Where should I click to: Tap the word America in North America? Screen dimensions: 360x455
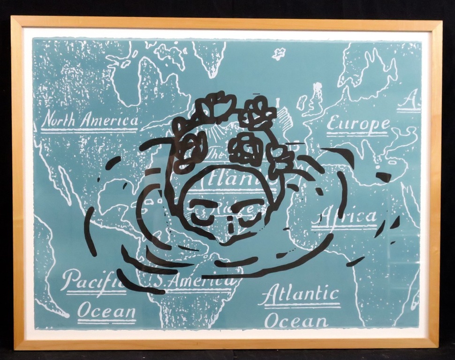tap(109, 120)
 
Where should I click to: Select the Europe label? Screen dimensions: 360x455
tap(358, 124)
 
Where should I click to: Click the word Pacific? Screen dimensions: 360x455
tap(90, 280)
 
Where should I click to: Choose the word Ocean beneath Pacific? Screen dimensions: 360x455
tap(106, 310)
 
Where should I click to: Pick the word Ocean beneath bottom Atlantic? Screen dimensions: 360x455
tap(296, 321)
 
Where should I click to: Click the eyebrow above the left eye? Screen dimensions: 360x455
tap(202, 203)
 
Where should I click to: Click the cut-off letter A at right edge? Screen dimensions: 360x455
tap(412, 100)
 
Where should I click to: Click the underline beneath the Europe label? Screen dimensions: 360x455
tap(357, 135)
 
